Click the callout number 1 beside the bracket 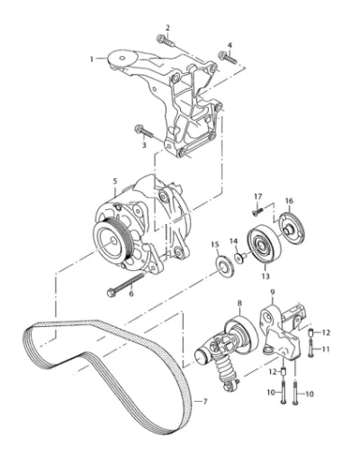point(92,59)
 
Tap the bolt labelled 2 point(165,41)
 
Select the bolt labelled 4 point(228,58)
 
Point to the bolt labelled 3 point(144,132)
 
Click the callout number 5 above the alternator point(115,181)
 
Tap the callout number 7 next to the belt point(205,402)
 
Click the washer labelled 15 point(224,266)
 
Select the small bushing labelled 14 point(240,257)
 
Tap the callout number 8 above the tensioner point(239,304)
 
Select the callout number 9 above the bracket point(273,292)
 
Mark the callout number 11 point(326,350)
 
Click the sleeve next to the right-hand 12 point(311,332)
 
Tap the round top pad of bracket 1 point(122,59)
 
